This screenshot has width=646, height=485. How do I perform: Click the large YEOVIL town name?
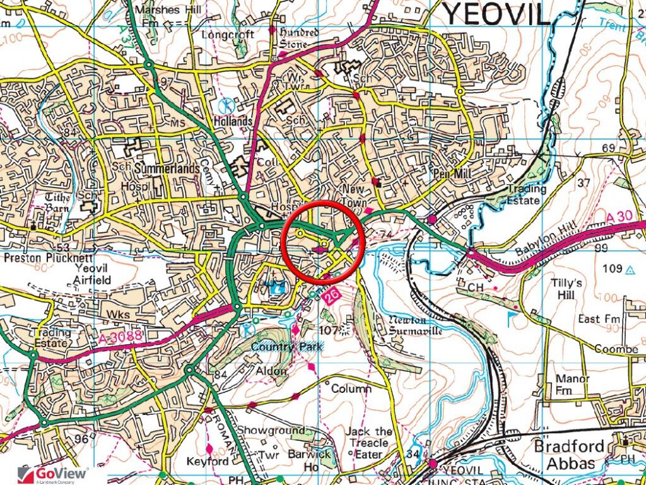tap(495, 14)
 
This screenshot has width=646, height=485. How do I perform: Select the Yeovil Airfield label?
tap(92, 274)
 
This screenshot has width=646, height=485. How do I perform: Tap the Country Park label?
tap(286, 347)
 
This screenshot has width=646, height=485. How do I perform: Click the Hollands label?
tap(233, 121)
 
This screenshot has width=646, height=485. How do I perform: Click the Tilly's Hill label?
tap(568, 288)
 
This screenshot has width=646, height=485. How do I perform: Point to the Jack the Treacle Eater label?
tap(370, 443)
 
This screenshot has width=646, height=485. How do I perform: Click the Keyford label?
tap(208, 462)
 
